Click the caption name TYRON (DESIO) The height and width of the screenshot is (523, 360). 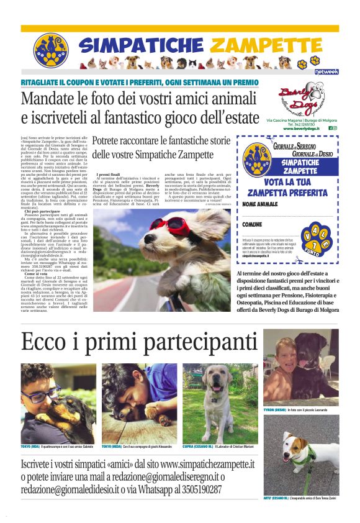click(275, 411)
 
